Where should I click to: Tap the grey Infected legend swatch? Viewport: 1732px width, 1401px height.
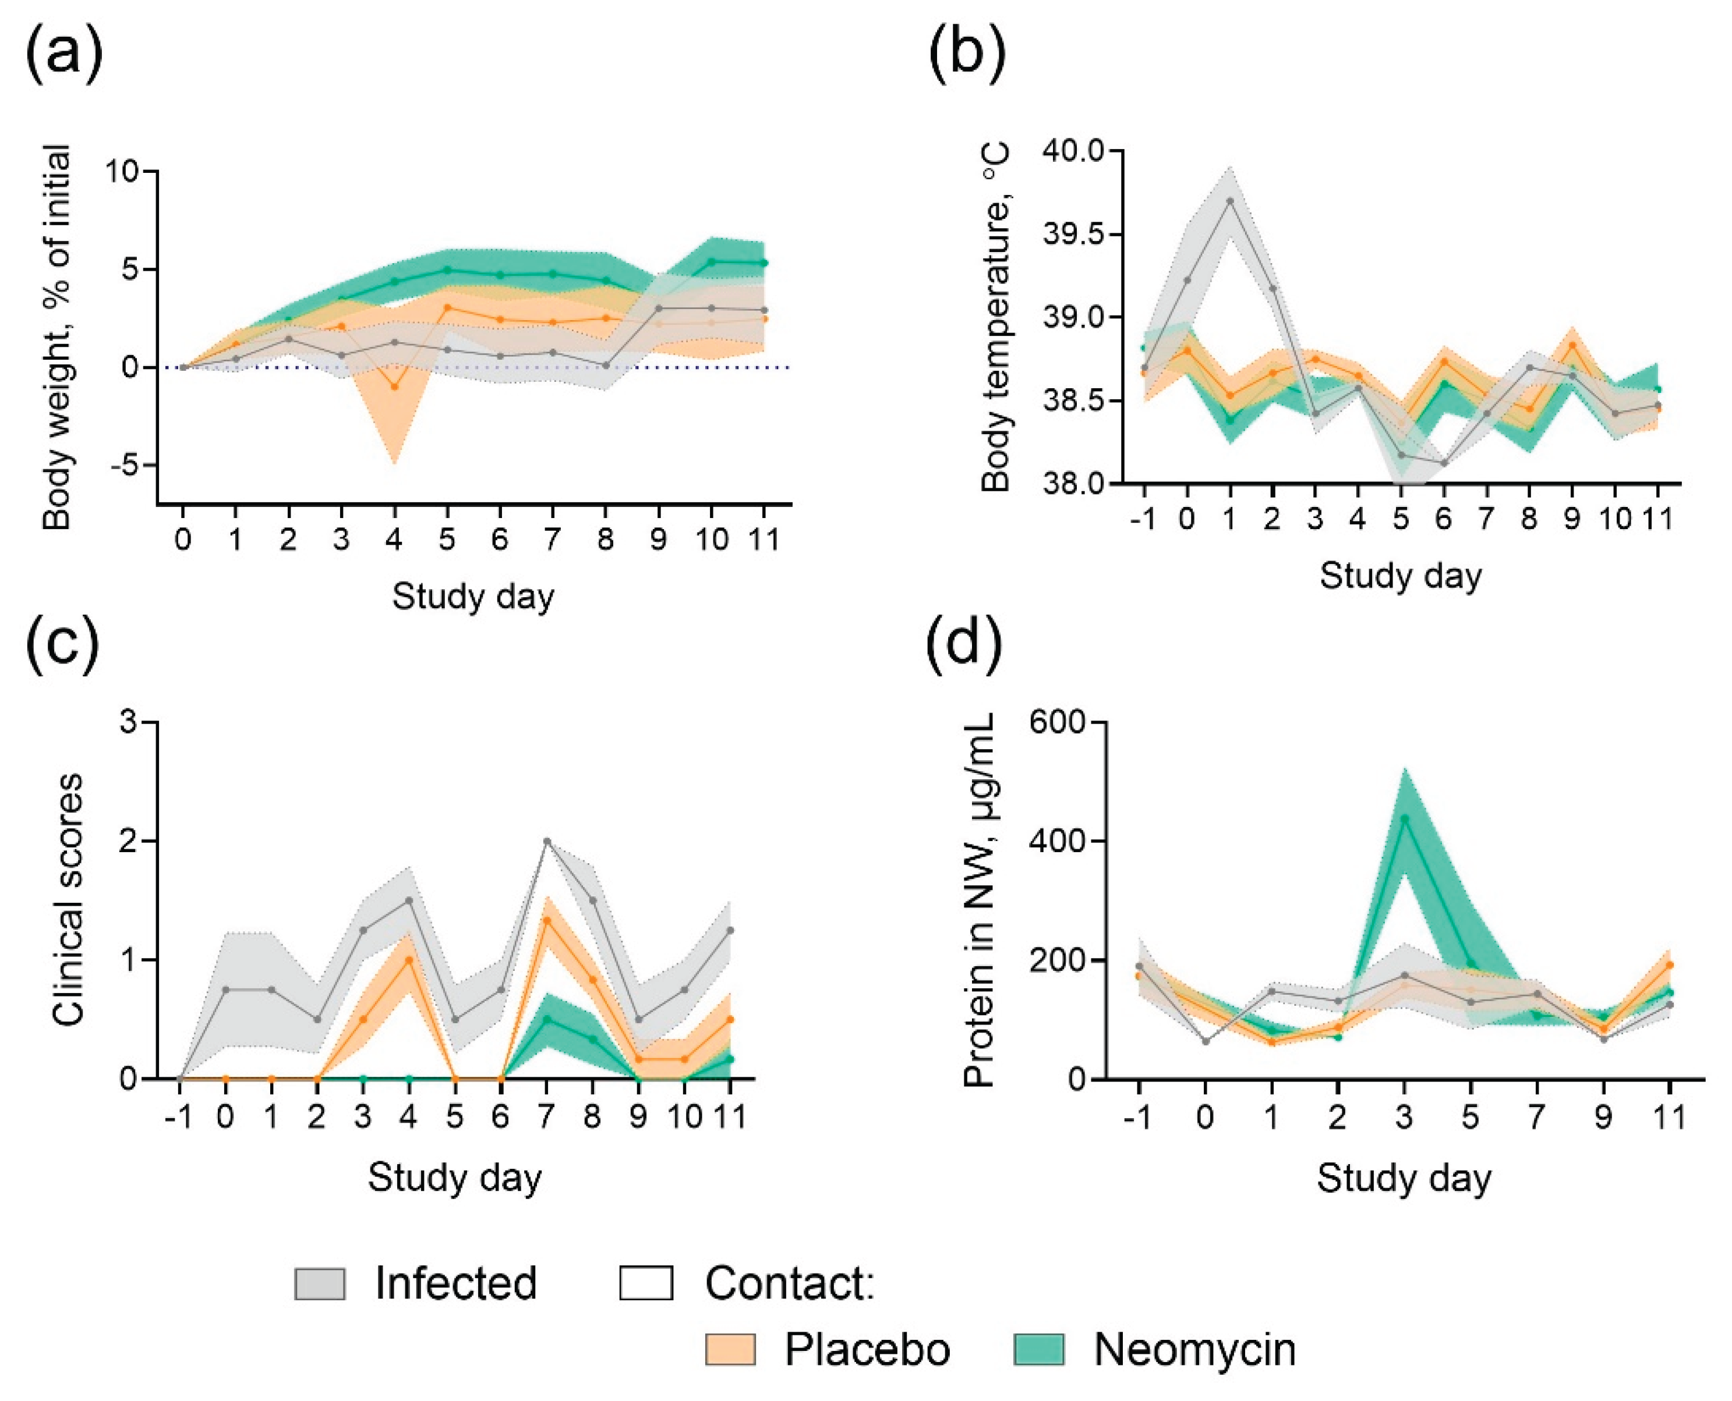tap(320, 1284)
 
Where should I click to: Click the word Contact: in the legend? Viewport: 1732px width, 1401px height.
tap(790, 1283)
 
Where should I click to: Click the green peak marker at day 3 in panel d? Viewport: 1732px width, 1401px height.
tap(1404, 818)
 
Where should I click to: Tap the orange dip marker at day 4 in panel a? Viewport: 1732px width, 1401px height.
tap(394, 386)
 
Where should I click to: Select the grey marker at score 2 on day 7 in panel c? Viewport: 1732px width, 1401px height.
tap(547, 841)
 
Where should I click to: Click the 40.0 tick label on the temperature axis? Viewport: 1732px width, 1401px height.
tap(1072, 151)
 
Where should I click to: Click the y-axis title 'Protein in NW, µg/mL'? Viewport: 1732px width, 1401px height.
tap(980, 900)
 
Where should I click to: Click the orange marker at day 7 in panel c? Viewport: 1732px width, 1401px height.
tap(547, 920)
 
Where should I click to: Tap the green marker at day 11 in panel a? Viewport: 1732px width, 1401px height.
tap(764, 263)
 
